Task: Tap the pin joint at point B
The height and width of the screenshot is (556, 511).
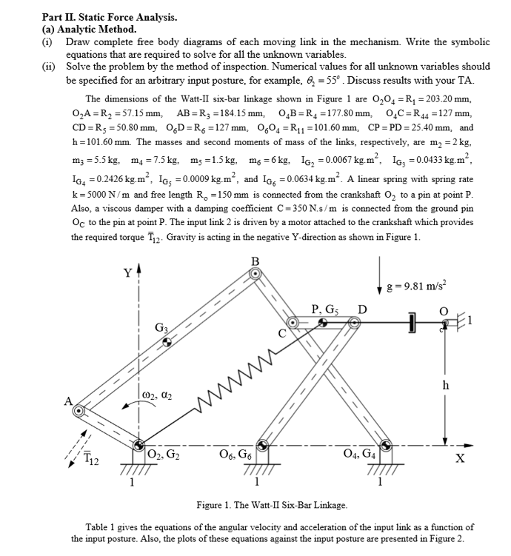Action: pyautogui.click(x=256, y=273)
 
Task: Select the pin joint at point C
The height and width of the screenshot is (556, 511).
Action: pyautogui.click(x=293, y=324)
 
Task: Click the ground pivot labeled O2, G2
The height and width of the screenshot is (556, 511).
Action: pyautogui.click(x=139, y=446)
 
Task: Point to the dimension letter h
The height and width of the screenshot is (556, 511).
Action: pyautogui.click(x=445, y=386)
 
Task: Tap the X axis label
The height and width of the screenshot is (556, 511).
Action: pyautogui.click(x=461, y=458)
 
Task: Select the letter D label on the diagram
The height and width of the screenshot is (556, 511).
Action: pyautogui.click(x=362, y=309)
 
